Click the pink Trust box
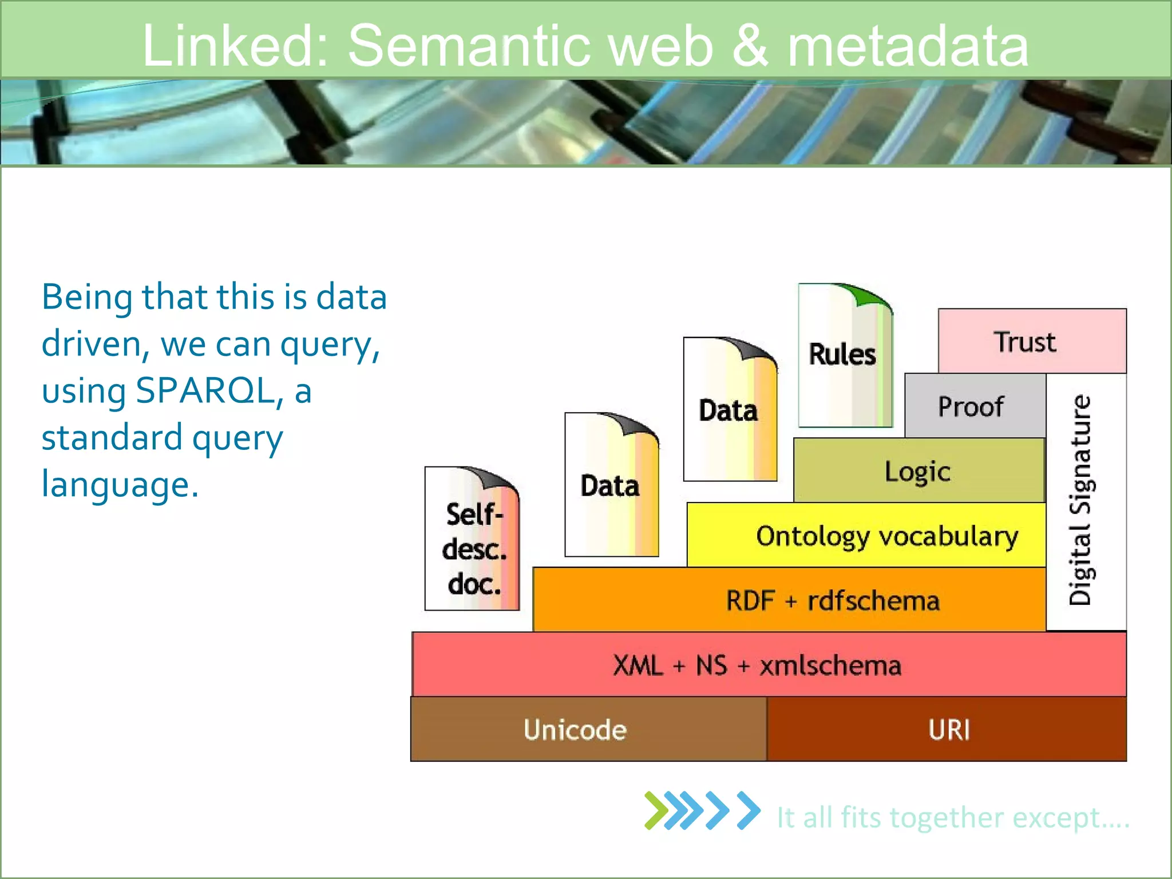coord(1032,341)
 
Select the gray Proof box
coord(975,406)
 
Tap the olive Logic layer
coord(918,470)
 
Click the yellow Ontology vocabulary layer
coord(866,535)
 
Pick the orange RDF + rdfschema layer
coord(789,600)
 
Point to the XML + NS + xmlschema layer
coord(769,664)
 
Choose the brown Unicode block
coord(588,729)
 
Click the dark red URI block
coord(947,729)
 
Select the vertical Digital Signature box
coord(1085,501)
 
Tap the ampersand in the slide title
coord(749,46)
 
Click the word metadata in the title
coord(908,46)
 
